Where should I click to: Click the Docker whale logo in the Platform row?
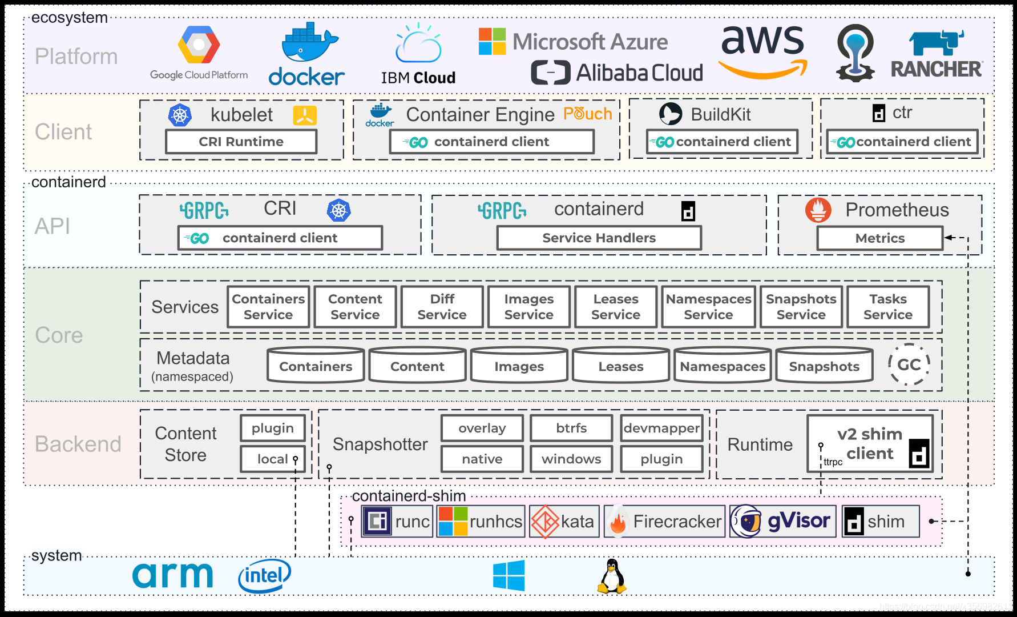pos(307,54)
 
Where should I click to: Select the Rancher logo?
pos(937,54)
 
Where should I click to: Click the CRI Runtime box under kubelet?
pos(241,142)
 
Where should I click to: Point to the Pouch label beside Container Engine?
pos(588,114)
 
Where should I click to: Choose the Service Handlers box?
pos(599,238)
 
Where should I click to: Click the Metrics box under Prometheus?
pos(879,238)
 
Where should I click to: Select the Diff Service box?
pos(442,307)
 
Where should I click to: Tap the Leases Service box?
pos(616,307)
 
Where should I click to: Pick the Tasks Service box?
pos(888,307)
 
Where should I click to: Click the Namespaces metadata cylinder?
pos(723,364)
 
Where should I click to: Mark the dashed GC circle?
pos(909,364)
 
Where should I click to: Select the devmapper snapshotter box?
pos(661,428)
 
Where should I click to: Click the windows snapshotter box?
pos(571,459)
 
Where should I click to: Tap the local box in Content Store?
pos(273,459)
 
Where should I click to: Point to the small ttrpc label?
pos(833,462)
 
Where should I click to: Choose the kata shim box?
pos(564,521)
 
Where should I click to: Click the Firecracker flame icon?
pos(618,522)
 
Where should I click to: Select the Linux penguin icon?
pos(612,576)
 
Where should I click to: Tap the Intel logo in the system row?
pos(264,575)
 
